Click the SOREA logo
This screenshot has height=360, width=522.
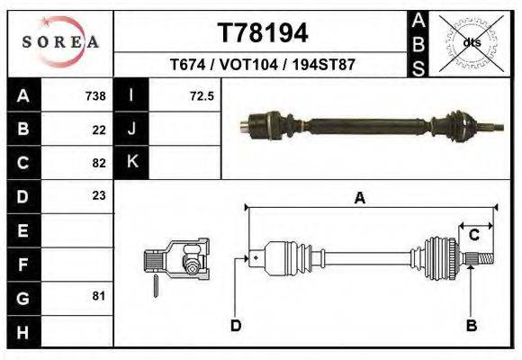(x=60, y=41)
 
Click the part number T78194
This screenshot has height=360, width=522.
(x=263, y=33)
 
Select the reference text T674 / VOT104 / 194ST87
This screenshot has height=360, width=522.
(x=262, y=65)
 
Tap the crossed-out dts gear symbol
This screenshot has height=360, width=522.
(x=471, y=41)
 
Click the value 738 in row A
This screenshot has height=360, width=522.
(x=95, y=96)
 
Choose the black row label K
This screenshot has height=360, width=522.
(x=131, y=162)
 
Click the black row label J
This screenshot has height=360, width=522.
(x=131, y=129)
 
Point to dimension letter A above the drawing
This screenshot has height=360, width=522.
(x=360, y=199)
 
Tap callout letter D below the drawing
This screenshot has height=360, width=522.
(x=236, y=325)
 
